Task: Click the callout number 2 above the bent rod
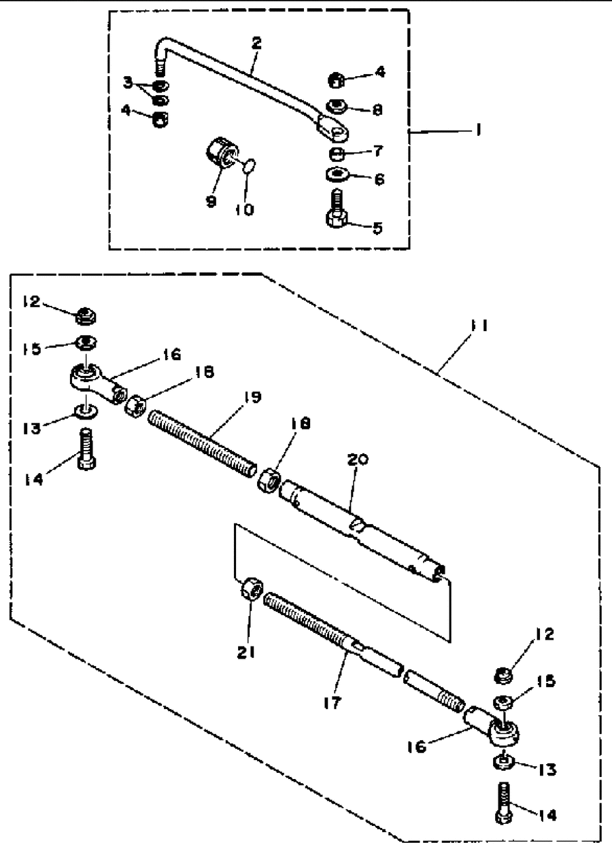(x=257, y=44)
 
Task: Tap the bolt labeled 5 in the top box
(x=337, y=209)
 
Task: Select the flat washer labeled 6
(x=337, y=175)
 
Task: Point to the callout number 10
(x=245, y=209)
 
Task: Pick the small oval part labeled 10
(x=249, y=166)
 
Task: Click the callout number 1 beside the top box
(x=479, y=130)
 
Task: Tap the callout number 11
(x=479, y=326)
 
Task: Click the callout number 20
(x=358, y=460)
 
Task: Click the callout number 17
(x=333, y=703)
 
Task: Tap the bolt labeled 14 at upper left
(x=86, y=449)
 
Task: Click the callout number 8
(x=377, y=110)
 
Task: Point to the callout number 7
(x=378, y=151)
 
